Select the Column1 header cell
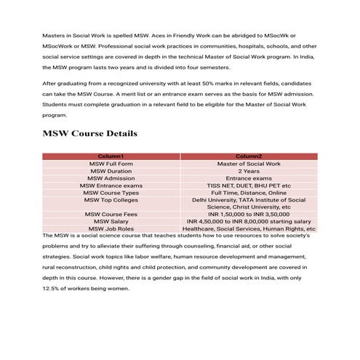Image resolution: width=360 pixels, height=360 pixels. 111,156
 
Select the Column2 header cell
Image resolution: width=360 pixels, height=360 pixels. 249,156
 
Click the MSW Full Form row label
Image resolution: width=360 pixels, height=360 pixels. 111,164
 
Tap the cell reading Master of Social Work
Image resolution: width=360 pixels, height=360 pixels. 249,164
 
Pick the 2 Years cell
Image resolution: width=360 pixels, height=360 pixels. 249,171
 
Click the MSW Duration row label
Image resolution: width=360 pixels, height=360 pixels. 111,171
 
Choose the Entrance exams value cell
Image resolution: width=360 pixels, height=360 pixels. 249,178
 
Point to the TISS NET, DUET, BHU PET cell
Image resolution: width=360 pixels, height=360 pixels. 249,185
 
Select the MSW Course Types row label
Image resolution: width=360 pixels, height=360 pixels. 111,193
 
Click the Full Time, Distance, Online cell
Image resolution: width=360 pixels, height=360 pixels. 249,193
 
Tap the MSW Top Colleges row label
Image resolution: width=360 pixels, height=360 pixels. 111,199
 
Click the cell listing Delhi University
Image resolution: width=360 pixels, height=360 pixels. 249,203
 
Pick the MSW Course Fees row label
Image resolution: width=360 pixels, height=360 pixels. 111,214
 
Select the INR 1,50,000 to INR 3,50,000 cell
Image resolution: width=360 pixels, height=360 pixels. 249,214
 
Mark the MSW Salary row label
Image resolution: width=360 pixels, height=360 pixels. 111,221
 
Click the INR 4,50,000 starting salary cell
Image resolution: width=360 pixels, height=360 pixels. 249,221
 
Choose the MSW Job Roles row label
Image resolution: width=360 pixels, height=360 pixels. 111,228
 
